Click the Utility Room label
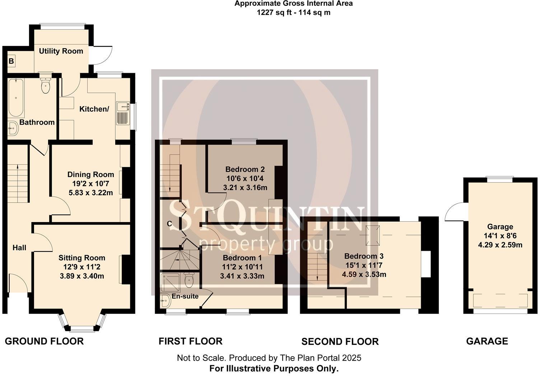pos(61,51)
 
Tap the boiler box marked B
pos(11,61)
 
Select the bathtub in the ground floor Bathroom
pos(16,98)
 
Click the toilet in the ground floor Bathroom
pos(46,85)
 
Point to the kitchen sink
pos(124,113)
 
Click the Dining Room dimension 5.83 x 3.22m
pos(90,193)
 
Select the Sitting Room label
pos(82,258)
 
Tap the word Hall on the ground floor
pos(19,248)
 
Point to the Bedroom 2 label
pos(245,169)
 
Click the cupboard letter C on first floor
pos(169,224)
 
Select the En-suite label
pos(185,296)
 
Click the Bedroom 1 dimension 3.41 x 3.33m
pos(242,276)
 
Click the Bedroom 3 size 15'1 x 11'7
pos(364,265)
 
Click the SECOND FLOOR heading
pos(340,342)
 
